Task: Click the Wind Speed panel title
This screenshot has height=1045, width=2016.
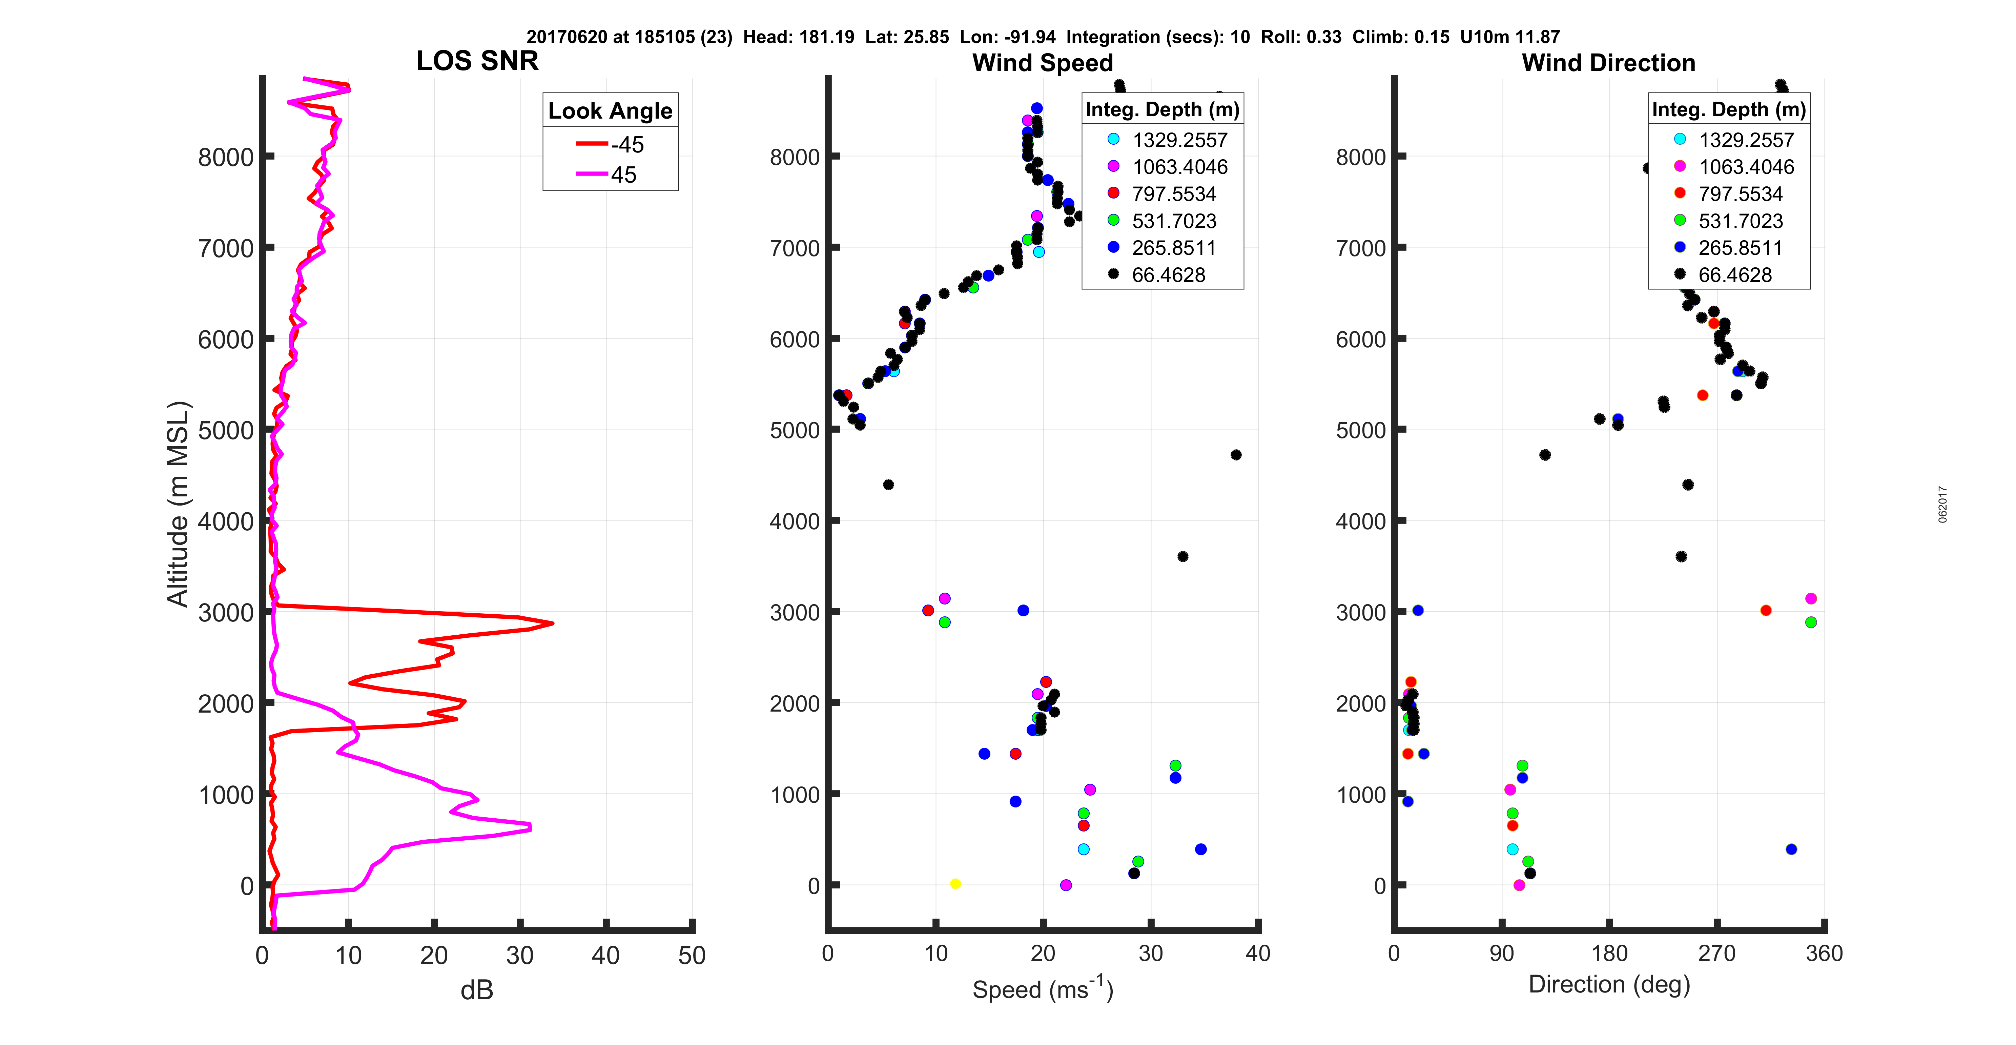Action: point(1043,63)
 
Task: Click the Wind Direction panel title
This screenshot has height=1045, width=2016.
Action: point(1608,63)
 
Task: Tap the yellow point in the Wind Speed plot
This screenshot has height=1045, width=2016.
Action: point(955,884)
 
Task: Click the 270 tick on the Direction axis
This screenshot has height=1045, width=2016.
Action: point(1716,954)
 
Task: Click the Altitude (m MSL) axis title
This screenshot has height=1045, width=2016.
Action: point(179,503)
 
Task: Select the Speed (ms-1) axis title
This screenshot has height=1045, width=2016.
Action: point(1043,989)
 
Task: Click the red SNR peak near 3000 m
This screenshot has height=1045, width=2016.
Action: point(553,623)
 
